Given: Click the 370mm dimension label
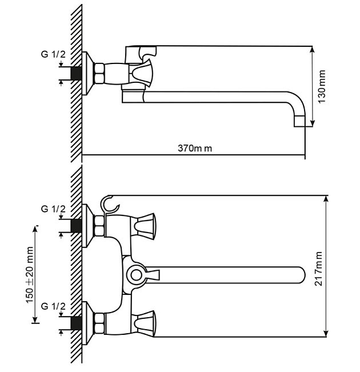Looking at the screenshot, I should pyautogui.click(x=195, y=149).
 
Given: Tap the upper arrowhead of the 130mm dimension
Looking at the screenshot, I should pyautogui.click(x=313, y=50).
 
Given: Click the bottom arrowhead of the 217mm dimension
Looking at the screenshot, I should pyautogui.click(x=326, y=333).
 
